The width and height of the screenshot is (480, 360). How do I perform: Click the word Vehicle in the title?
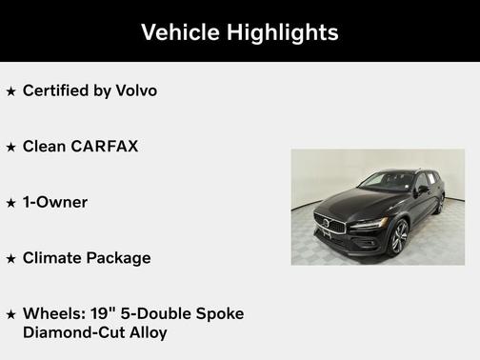(x=179, y=32)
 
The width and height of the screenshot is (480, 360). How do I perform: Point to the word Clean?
(x=42, y=147)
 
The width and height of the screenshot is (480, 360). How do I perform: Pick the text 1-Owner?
(x=54, y=202)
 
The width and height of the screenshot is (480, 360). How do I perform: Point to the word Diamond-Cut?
(x=69, y=332)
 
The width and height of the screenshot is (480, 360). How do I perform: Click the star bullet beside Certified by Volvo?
(x=10, y=91)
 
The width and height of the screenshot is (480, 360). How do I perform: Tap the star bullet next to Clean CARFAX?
(x=10, y=148)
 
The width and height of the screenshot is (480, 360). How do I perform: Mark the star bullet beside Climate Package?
(x=10, y=258)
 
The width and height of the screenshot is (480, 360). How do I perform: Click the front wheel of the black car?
(x=398, y=238)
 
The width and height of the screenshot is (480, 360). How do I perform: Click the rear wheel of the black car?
(x=440, y=203)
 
